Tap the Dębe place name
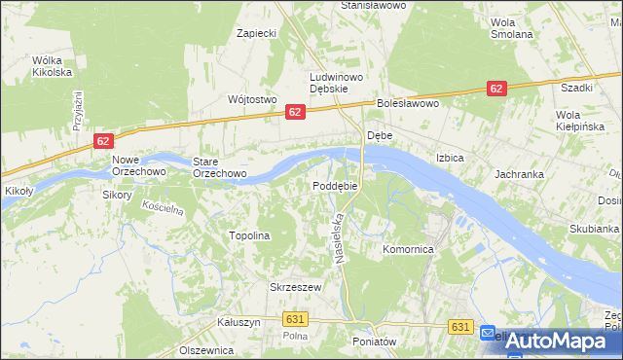click(379, 136)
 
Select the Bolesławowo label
click(410, 103)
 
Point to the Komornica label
click(407, 250)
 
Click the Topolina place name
click(248, 235)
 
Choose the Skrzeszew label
click(295, 287)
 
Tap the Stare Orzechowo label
click(219, 167)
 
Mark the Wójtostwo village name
click(252, 99)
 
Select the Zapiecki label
click(258, 33)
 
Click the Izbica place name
click(450, 158)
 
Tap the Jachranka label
click(518, 174)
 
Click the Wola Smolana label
click(512, 27)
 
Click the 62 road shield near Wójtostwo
click(297, 114)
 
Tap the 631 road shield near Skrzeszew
click(297, 318)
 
